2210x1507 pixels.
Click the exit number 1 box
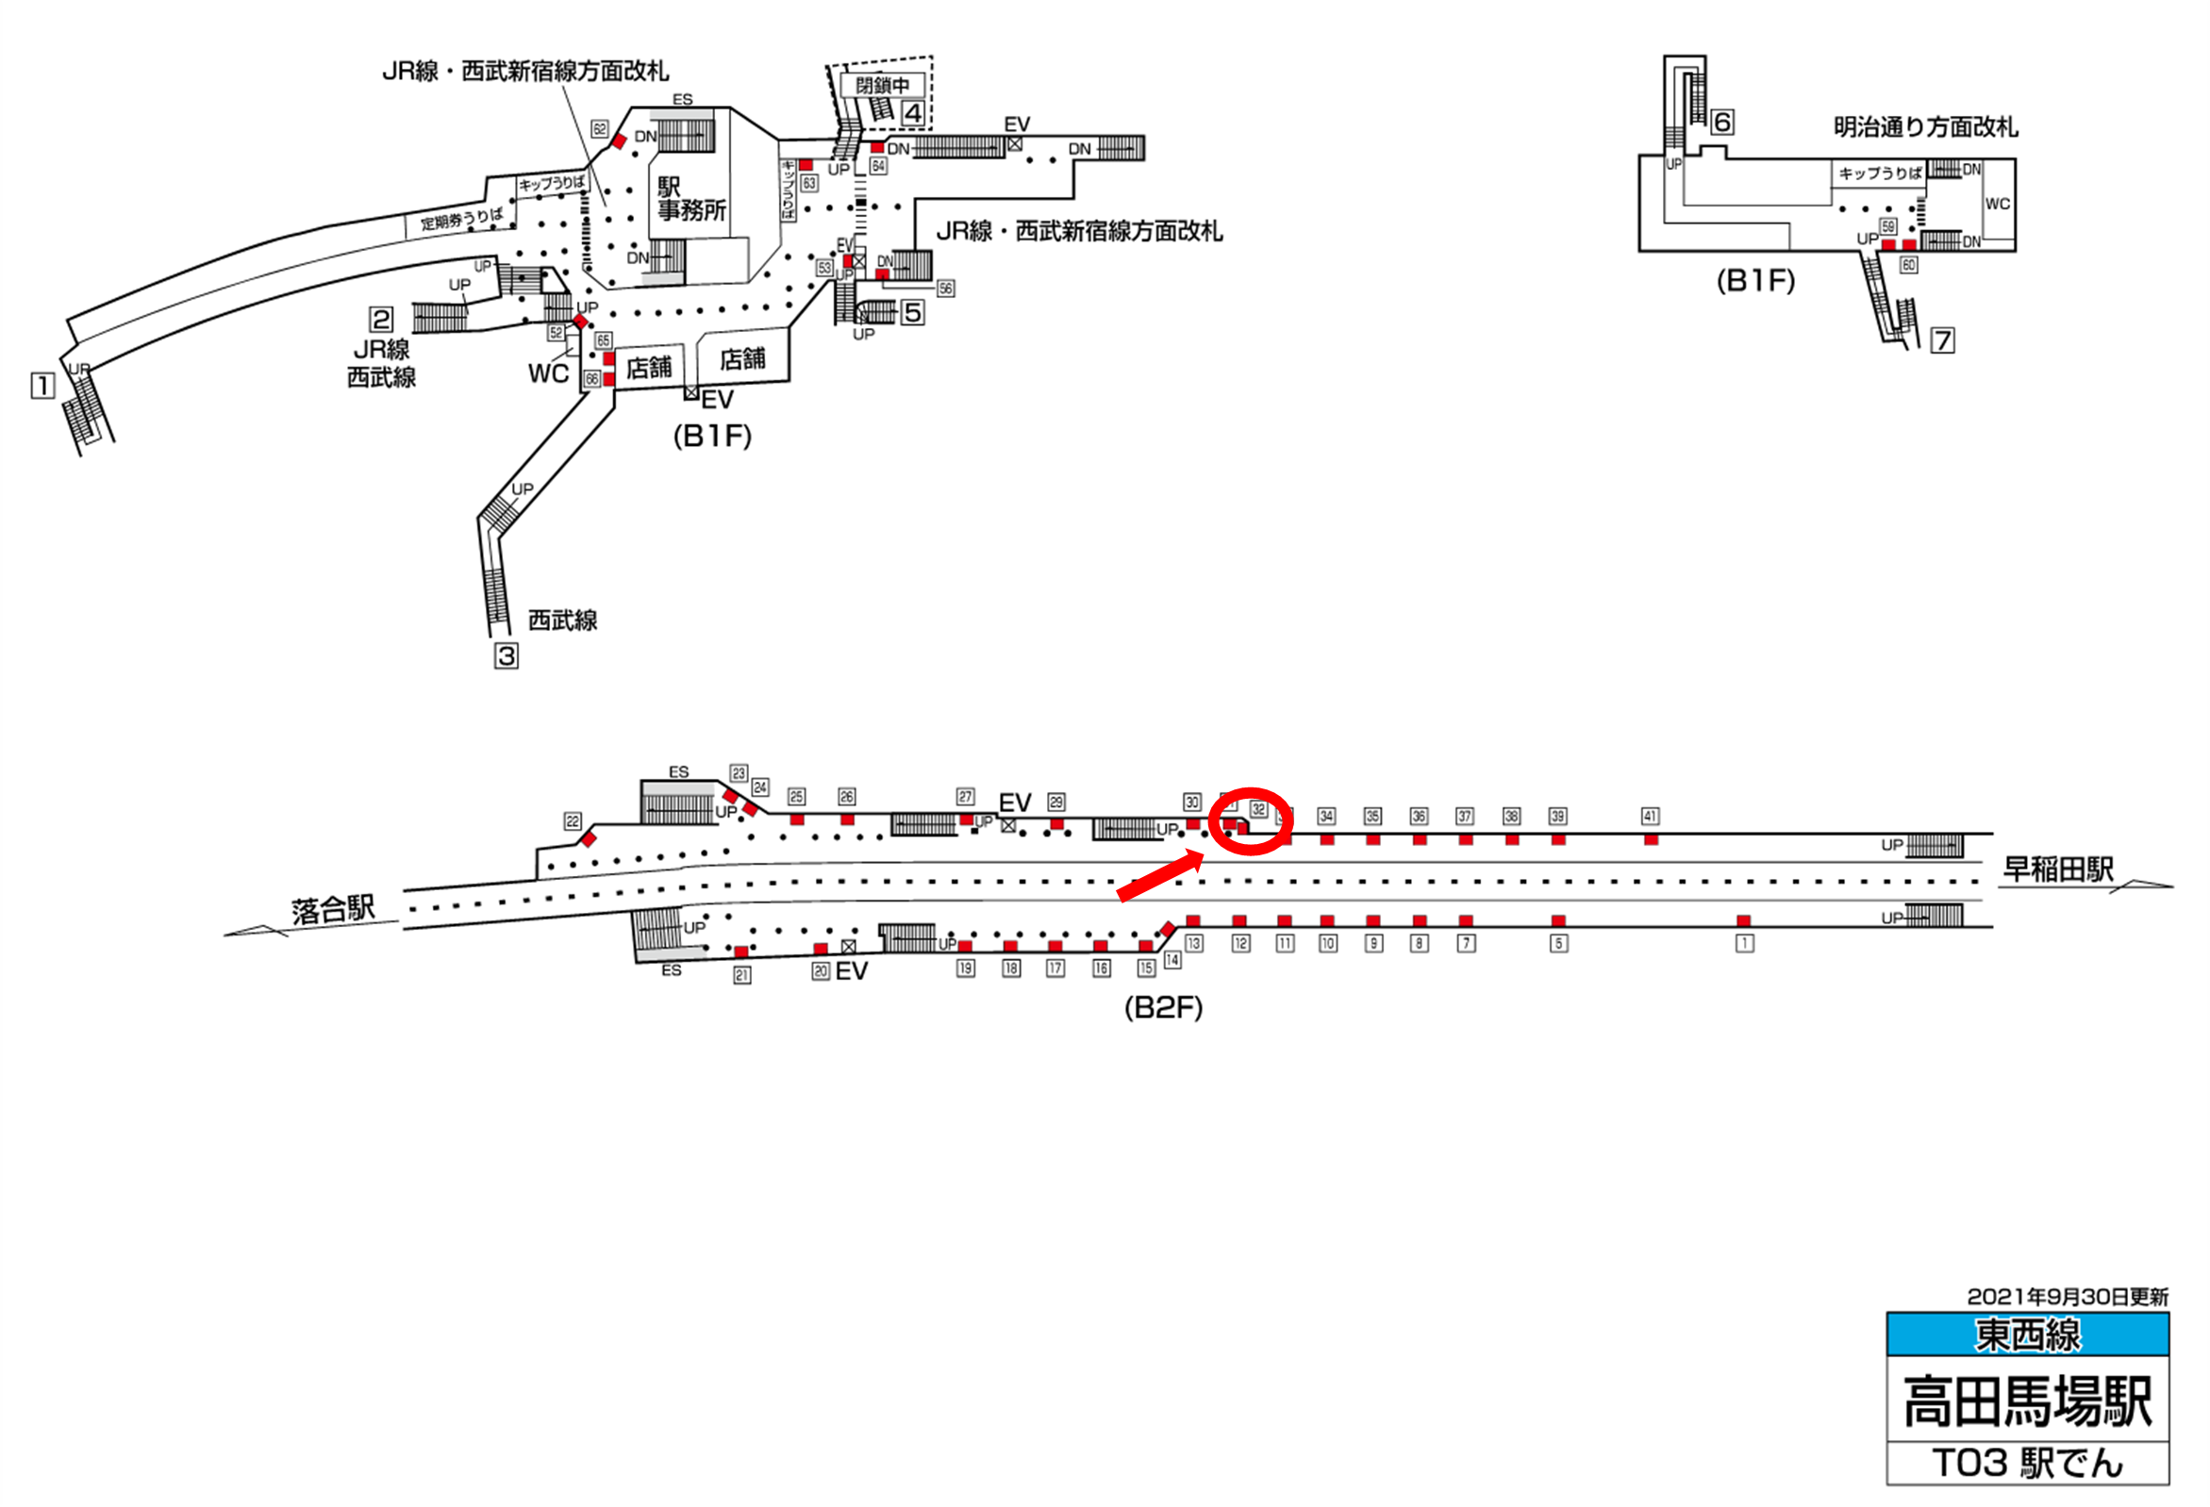click(42, 386)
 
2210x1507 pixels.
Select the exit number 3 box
click(506, 655)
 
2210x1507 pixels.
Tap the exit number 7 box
click(1942, 340)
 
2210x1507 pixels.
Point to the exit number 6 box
click(1721, 122)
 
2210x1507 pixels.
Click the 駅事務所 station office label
click(691, 199)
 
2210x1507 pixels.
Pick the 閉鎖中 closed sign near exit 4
click(882, 86)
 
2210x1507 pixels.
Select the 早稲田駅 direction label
click(2058, 869)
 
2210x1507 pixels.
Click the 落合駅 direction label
click(333, 910)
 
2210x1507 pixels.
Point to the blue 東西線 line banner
click(2027, 1335)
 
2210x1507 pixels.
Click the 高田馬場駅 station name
click(2027, 1401)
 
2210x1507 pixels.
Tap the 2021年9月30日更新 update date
click(2068, 1297)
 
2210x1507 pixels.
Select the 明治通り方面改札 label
click(1925, 127)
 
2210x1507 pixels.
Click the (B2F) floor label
click(1163, 1008)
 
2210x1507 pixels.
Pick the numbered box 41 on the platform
click(1650, 816)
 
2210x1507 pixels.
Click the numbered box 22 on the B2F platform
click(573, 820)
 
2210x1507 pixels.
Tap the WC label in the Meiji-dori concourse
click(1997, 204)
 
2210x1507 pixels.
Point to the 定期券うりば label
click(462, 219)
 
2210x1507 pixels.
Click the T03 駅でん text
click(2027, 1464)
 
